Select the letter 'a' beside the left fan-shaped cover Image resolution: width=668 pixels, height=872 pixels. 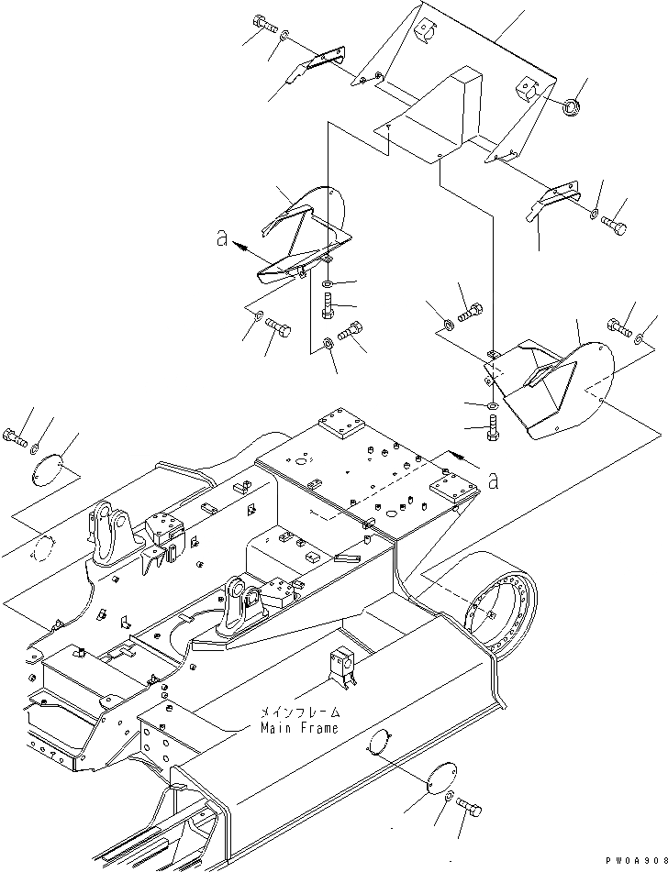(220, 239)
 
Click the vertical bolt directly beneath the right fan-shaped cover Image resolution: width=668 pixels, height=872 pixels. (493, 426)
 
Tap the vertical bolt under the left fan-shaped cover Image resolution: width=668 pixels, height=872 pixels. (328, 306)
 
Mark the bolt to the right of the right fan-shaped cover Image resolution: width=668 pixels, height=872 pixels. (618, 326)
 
